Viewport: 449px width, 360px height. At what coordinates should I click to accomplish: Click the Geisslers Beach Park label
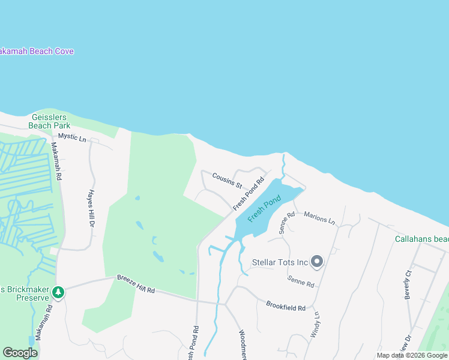49,121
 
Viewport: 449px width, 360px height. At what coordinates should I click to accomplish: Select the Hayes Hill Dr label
92,208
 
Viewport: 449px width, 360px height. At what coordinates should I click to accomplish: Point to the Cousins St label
226,180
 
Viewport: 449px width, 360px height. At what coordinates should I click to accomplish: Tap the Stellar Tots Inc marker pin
318,262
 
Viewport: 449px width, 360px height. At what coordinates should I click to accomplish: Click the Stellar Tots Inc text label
280,262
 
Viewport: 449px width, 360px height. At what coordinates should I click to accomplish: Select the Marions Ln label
319,217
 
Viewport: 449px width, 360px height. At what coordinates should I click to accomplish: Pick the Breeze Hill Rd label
136,286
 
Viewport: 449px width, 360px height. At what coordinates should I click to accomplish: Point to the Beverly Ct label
408,284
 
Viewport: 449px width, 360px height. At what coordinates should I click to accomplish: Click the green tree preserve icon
58,292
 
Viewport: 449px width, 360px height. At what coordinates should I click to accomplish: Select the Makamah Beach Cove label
36,52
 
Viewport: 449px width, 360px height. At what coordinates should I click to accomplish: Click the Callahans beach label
421,239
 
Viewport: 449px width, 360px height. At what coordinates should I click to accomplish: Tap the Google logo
20,352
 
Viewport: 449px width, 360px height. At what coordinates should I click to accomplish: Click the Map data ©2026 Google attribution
412,355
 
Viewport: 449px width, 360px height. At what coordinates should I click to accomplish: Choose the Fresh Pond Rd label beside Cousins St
249,193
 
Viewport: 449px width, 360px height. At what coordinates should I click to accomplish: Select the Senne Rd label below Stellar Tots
300,281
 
